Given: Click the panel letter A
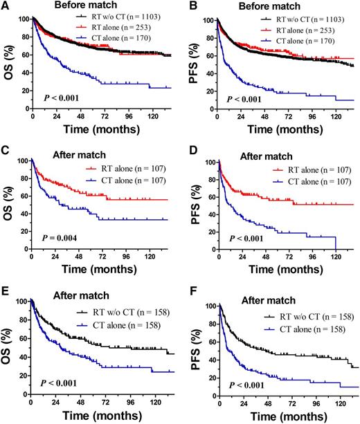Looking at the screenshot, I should (x=6, y=6).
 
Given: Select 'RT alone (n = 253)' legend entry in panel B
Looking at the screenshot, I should (x=313, y=23).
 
